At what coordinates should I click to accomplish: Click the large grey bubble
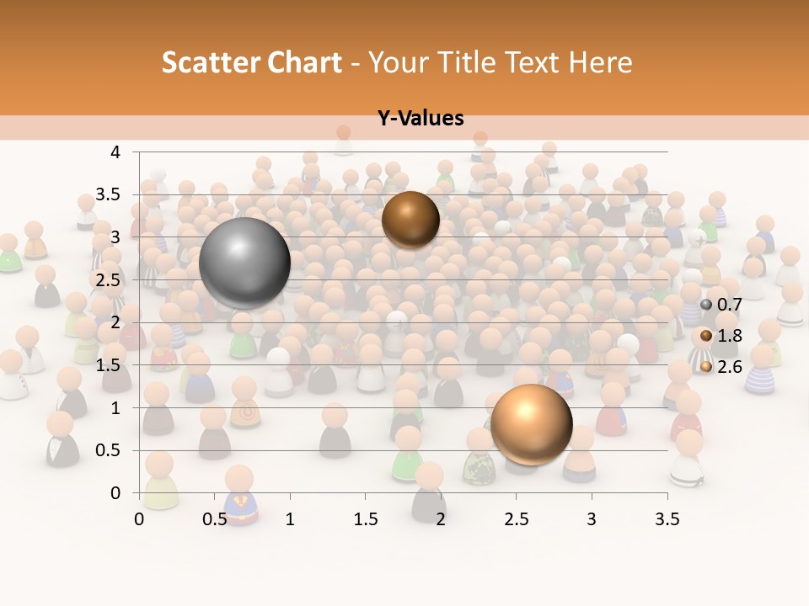click(244, 263)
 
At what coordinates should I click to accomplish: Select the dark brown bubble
click(410, 220)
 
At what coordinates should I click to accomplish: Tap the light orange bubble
click(531, 425)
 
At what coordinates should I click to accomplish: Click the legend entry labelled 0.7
click(724, 304)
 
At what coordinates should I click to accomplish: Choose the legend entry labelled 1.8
click(724, 335)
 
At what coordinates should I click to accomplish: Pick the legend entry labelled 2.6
click(724, 366)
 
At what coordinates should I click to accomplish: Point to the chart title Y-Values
click(421, 119)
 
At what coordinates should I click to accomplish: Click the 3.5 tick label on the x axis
click(667, 519)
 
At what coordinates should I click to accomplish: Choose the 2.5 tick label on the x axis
click(516, 519)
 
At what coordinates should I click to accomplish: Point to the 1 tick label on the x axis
click(290, 519)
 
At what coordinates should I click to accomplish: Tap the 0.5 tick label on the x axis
click(215, 519)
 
